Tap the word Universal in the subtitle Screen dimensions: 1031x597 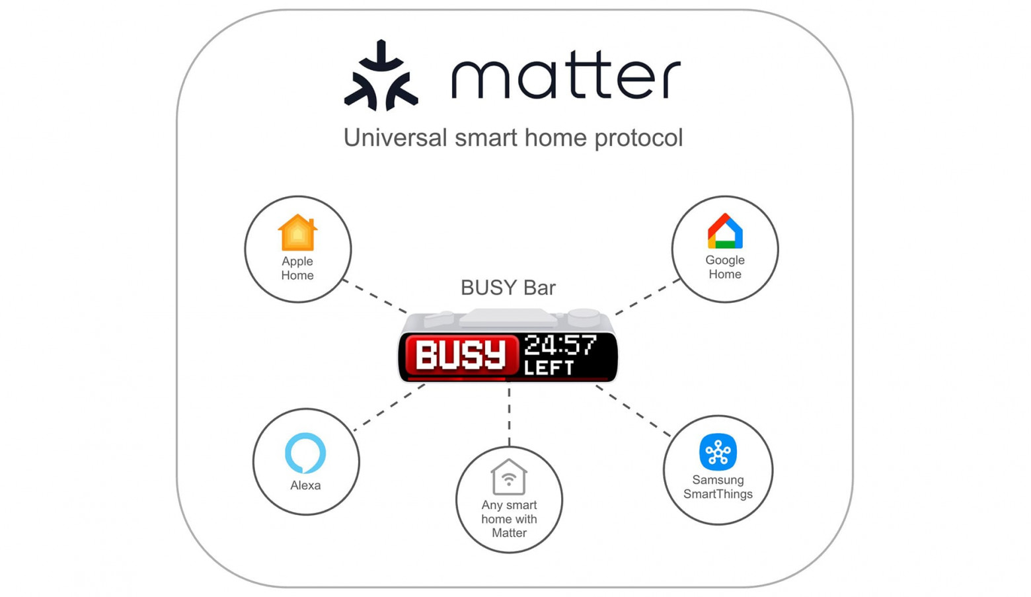pos(395,138)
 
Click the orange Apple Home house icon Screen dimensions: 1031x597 pos(297,233)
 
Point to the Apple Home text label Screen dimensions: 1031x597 pos(297,268)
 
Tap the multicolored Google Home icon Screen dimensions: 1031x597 pos(725,231)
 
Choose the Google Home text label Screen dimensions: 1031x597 pos(725,267)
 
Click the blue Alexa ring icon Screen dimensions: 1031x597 pos(305,453)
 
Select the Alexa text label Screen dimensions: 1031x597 pos(305,485)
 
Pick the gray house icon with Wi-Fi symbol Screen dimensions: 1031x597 pos(509,477)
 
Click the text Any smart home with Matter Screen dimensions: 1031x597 pos(509,519)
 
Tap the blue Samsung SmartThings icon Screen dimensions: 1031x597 pos(718,452)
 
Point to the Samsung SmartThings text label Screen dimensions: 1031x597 pos(718,487)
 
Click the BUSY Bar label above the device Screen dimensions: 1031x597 pos(508,288)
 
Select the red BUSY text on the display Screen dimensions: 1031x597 pos(461,355)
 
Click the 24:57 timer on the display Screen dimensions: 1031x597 pos(560,345)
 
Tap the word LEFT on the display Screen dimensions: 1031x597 pos(549,368)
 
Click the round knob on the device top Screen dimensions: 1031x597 pos(584,316)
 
